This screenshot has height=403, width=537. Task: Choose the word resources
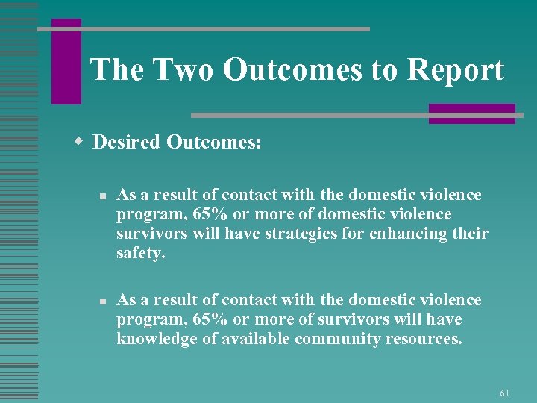point(424,340)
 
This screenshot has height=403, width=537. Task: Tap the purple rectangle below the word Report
point(471,113)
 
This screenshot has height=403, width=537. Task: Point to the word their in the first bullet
point(471,234)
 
